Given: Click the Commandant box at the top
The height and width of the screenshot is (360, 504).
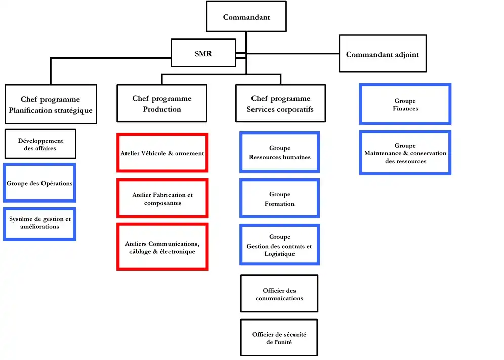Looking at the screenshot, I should click(x=246, y=17).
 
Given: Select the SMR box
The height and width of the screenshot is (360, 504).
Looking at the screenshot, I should click(x=203, y=53).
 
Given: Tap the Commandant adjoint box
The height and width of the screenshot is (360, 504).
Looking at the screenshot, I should click(x=382, y=54).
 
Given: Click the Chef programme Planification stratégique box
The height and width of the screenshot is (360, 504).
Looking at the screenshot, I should click(x=51, y=104).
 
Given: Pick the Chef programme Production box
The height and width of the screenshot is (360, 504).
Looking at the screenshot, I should click(x=161, y=103).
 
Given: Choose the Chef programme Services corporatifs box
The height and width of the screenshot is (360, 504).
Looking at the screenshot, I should click(x=280, y=103).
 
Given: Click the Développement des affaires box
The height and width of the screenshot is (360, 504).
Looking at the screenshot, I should click(x=40, y=144).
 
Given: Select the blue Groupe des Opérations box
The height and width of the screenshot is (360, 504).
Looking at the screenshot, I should click(x=39, y=183).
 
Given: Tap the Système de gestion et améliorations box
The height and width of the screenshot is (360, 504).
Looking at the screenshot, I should click(x=40, y=223).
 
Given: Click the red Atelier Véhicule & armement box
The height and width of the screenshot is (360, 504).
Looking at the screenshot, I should click(x=162, y=153).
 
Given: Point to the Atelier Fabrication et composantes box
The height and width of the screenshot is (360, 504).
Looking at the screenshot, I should click(x=162, y=198).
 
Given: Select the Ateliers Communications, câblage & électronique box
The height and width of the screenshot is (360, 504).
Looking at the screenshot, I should click(x=162, y=247).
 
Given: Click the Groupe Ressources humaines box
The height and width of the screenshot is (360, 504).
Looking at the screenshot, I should click(x=279, y=152).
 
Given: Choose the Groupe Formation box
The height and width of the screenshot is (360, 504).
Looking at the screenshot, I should click(x=279, y=198).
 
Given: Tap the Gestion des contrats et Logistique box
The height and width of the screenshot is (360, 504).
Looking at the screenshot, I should click(x=279, y=245).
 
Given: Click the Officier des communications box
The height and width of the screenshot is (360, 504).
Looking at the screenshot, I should click(x=279, y=294).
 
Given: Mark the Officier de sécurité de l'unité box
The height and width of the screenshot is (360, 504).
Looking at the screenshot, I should click(x=279, y=338).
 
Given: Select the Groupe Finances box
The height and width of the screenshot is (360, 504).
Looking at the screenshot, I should click(x=405, y=104).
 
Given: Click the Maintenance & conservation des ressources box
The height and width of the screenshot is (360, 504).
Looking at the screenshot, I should click(x=405, y=153).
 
